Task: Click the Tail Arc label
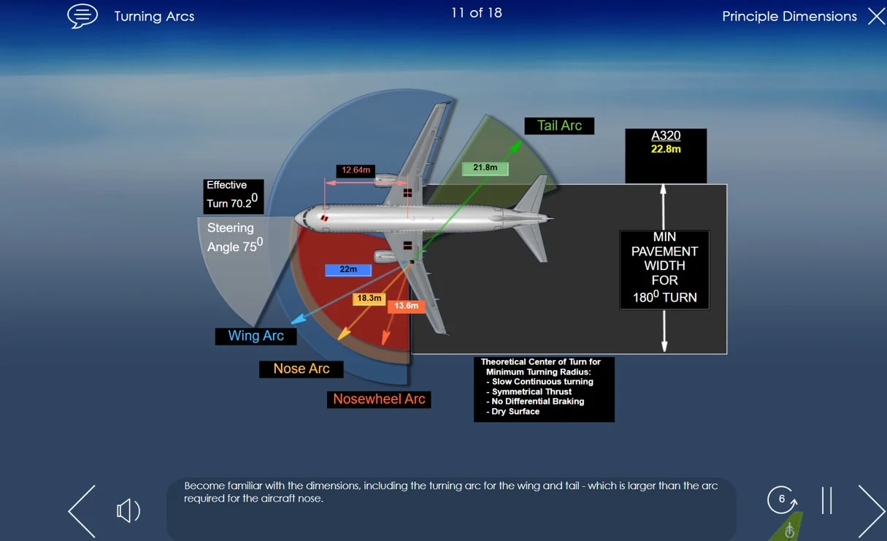pyautogui.click(x=559, y=126)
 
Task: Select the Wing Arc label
pyautogui.click(x=256, y=336)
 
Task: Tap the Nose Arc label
pyautogui.click(x=301, y=369)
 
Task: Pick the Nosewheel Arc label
pyautogui.click(x=379, y=399)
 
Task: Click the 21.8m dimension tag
pyautogui.click(x=485, y=168)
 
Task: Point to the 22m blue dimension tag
pyautogui.click(x=348, y=270)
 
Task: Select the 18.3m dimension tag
pyautogui.click(x=369, y=299)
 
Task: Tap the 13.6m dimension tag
pyautogui.click(x=406, y=306)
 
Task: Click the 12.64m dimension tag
pyautogui.click(x=356, y=171)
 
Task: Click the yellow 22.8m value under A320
pyautogui.click(x=666, y=150)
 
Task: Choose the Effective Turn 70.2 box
pyautogui.click(x=233, y=195)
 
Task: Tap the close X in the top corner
pyautogui.click(x=876, y=16)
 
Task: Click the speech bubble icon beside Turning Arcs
pyautogui.click(x=82, y=16)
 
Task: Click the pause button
pyautogui.click(x=826, y=501)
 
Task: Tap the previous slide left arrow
pyautogui.click(x=82, y=510)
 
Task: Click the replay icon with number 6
pyautogui.click(x=782, y=500)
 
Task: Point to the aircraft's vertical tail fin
pyautogui.click(x=532, y=196)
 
